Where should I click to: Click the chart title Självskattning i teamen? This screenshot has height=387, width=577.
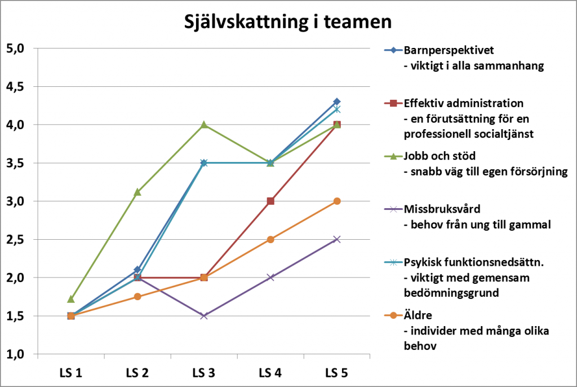[288, 22]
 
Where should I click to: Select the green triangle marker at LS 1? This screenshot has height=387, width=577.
[71, 299]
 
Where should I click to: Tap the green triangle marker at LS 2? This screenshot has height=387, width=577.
[137, 192]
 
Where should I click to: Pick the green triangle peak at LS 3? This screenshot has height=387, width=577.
[204, 125]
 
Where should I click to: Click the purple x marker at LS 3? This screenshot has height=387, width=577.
[204, 316]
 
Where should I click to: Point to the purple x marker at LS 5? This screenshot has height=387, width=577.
[337, 239]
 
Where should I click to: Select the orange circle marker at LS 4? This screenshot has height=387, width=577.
[270, 239]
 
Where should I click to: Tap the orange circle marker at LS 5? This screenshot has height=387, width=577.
[337, 201]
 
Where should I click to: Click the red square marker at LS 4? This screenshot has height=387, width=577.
[270, 201]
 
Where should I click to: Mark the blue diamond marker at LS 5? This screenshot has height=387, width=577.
[337, 102]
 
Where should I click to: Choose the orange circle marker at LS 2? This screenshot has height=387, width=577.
[137, 297]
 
